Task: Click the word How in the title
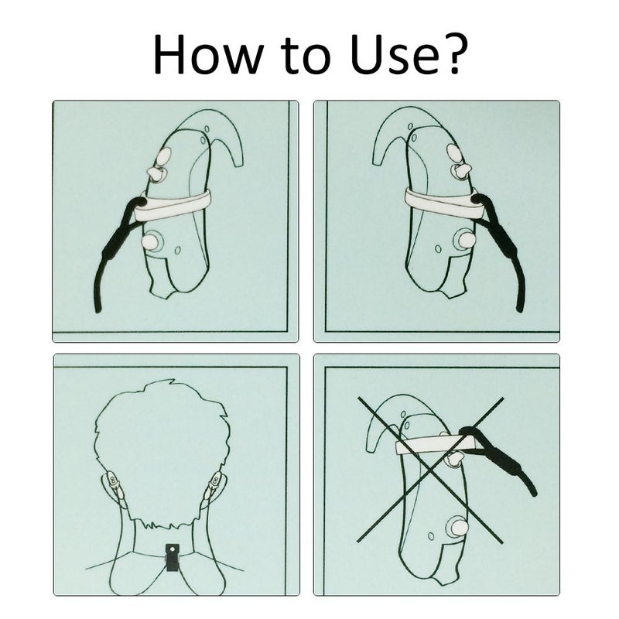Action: [207, 54]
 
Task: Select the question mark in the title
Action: [455, 53]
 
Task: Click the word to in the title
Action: [306, 56]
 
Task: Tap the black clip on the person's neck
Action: [173, 557]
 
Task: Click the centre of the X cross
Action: [430, 470]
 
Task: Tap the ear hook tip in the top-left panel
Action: [239, 161]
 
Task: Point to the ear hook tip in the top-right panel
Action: [378, 161]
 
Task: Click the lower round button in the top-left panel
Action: [151, 241]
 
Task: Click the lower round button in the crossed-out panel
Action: [457, 527]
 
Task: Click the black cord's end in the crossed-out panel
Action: [534, 492]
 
